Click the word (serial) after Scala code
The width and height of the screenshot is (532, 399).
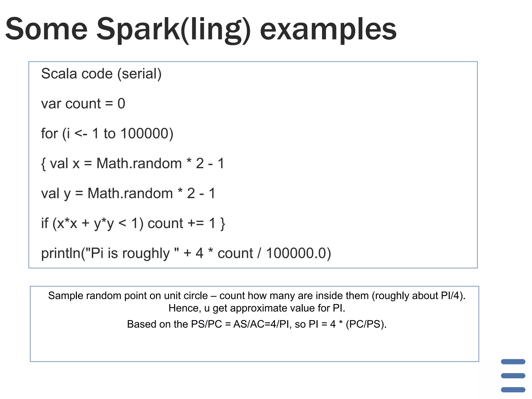(x=139, y=74)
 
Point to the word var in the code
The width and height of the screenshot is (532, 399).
(x=51, y=104)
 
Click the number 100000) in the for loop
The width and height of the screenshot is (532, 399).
(x=147, y=134)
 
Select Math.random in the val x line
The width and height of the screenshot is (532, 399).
(x=139, y=163)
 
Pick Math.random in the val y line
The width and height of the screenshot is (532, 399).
(x=130, y=193)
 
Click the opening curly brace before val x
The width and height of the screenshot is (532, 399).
(x=43, y=164)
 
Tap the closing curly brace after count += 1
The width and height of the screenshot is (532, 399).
(x=222, y=224)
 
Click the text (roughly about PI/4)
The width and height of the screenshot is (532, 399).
(x=418, y=296)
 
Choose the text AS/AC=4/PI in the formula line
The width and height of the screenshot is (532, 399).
(x=261, y=324)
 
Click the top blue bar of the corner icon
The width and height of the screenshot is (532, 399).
(x=513, y=362)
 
